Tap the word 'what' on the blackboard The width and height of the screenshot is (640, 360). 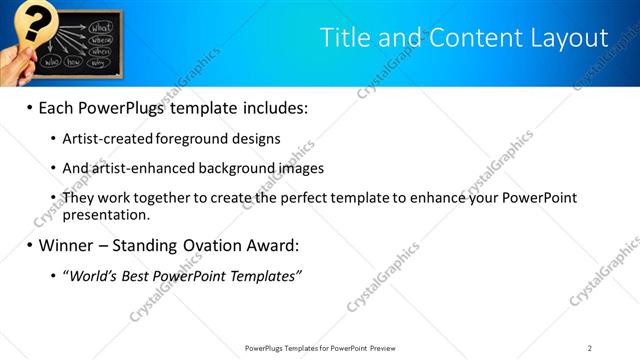(x=101, y=26)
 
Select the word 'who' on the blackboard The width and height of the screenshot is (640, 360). (x=51, y=61)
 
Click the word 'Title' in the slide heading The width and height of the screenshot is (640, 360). (x=346, y=38)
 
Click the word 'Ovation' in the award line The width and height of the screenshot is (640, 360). (x=209, y=245)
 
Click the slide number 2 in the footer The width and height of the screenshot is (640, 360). (x=590, y=348)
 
